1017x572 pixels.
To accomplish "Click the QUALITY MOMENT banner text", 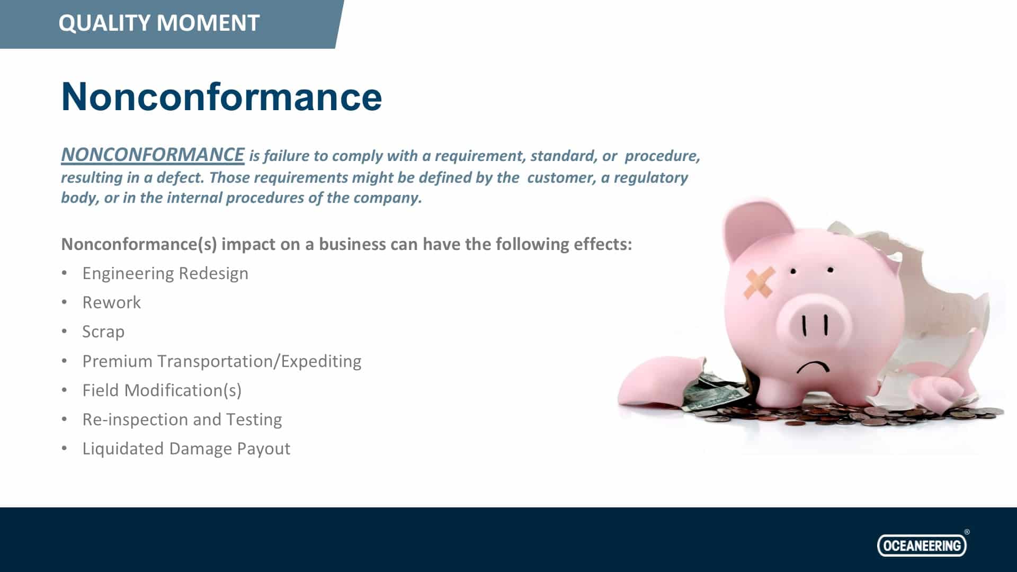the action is click(159, 23).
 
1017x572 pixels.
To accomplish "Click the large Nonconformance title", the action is click(221, 96).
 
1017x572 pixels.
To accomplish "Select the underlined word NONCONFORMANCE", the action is click(153, 155).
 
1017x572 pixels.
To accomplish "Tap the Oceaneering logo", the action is click(922, 545).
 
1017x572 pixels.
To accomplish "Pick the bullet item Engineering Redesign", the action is click(165, 274).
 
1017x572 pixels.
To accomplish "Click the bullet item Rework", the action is click(111, 302).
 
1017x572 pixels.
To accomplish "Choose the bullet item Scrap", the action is click(103, 332).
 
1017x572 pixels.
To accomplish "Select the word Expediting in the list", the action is click(321, 362).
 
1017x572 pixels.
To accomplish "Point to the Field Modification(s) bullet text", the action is click(162, 390).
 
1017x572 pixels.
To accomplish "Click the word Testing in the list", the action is click(254, 420).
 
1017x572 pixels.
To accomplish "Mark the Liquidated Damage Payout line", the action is click(186, 449).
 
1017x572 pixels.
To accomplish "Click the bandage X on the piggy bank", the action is click(759, 282).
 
